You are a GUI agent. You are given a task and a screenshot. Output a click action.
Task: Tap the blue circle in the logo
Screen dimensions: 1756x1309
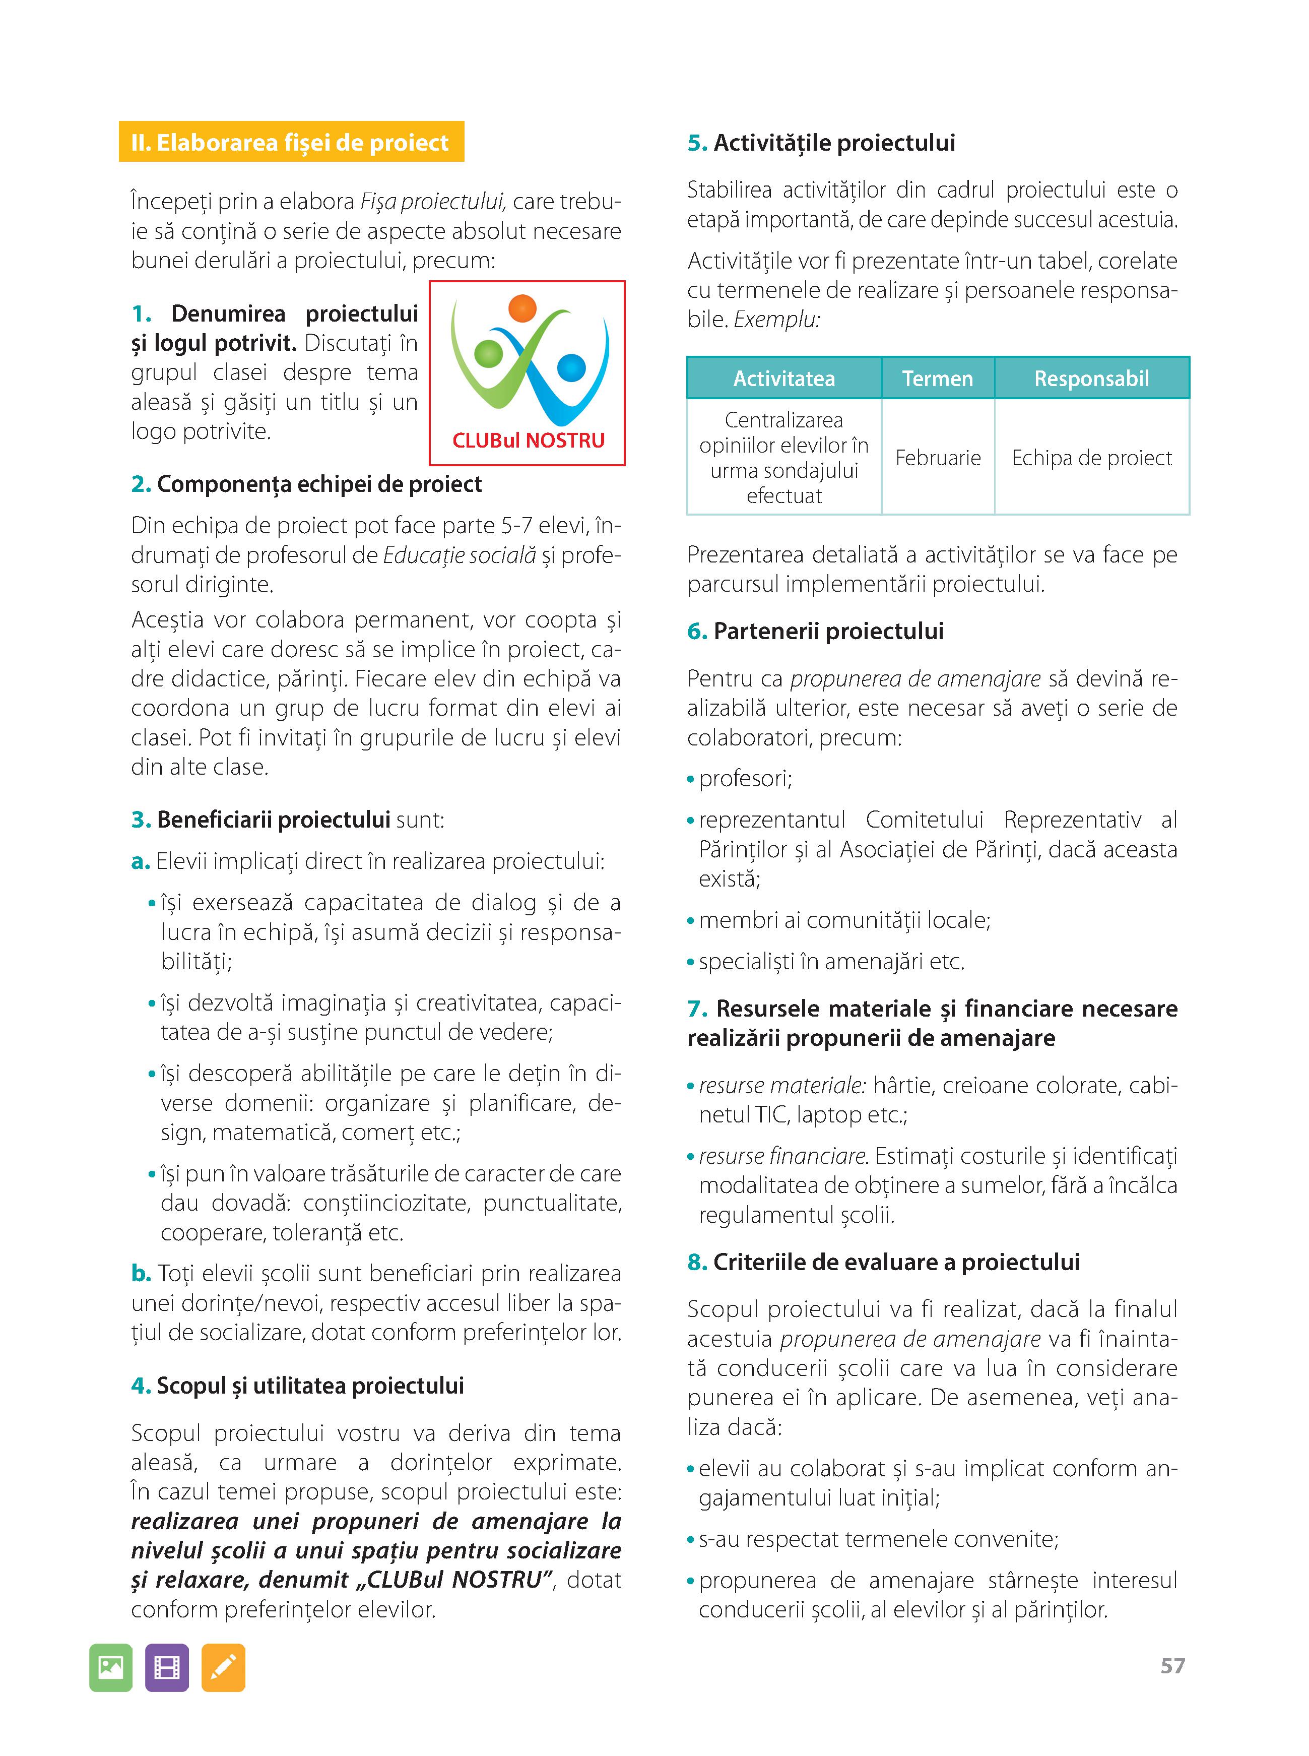[x=571, y=368]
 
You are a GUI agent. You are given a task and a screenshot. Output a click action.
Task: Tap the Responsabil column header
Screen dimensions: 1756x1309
[x=1091, y=379]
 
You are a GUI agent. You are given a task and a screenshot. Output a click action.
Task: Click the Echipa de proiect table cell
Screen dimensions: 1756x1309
[x=1091, y=458]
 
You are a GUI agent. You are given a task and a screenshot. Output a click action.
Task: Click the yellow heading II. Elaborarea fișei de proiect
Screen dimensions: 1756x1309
[x=291, y=143]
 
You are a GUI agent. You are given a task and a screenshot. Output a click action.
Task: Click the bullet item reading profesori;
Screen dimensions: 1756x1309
[x=745, y=779]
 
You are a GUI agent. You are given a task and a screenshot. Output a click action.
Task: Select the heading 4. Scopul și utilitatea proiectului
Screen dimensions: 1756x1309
[x=297, y=1386]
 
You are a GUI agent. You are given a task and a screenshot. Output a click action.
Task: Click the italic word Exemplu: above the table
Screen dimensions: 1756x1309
[x=776, y=320]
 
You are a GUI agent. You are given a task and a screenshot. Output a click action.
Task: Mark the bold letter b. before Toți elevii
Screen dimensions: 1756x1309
[x=141, y=1274]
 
